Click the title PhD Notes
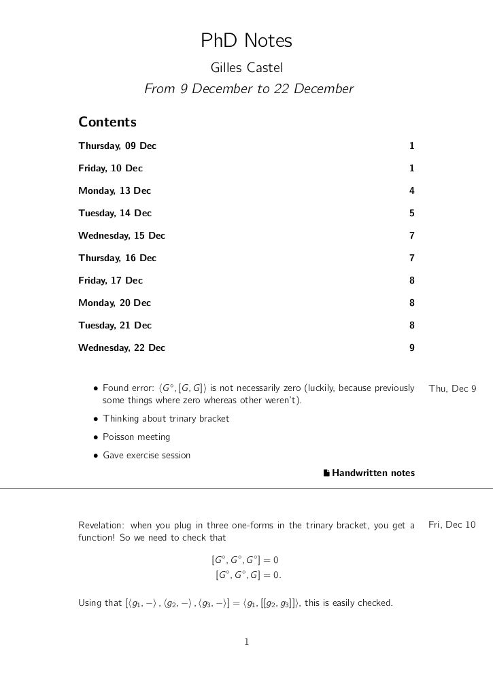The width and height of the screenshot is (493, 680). click(x=246, y=41)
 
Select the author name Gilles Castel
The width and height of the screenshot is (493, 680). click(x=246, y=67)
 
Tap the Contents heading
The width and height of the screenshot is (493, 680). click(x=107, y=122)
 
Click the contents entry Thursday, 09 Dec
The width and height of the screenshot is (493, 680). click(x=117, y=146)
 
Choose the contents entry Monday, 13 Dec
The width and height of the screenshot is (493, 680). click(x=114, y=191)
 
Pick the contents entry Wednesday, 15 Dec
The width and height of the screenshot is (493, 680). click(x=122, y=236)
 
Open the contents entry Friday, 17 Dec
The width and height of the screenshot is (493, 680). click(x=110, y=281)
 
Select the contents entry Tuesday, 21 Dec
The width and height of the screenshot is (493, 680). click(x=115, y=326)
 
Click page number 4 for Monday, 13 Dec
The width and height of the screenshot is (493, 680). click(x=411, y=191)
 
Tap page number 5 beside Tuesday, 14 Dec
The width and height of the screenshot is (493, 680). click(x=411, y=214)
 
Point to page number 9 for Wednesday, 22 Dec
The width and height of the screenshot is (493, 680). click(x=411, y=348)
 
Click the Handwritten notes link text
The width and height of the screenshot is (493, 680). click(x=373, y=473)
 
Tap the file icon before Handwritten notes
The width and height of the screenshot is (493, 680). click(x=326, y=473)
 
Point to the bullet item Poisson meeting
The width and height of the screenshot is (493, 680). click(x=136, y=437)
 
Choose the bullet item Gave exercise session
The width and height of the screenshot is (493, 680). click(x=146, y=456)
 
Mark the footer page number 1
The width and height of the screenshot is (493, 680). click(x=247, y=642)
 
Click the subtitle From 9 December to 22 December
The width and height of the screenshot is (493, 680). click(x=249, y=89)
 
